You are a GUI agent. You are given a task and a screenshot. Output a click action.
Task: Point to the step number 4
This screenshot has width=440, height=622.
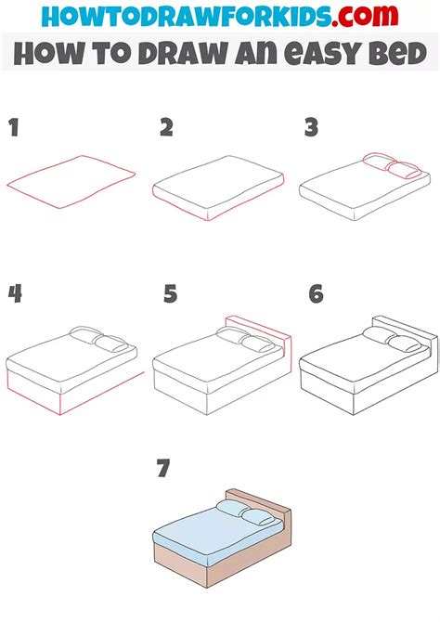pos(15,294)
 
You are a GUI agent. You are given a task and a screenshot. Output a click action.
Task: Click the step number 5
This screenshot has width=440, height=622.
pos(169,294)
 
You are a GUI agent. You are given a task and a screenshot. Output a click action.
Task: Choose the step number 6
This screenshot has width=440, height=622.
pos(317,294)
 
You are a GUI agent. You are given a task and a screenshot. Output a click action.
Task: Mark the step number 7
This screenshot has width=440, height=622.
pos(163,470)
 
